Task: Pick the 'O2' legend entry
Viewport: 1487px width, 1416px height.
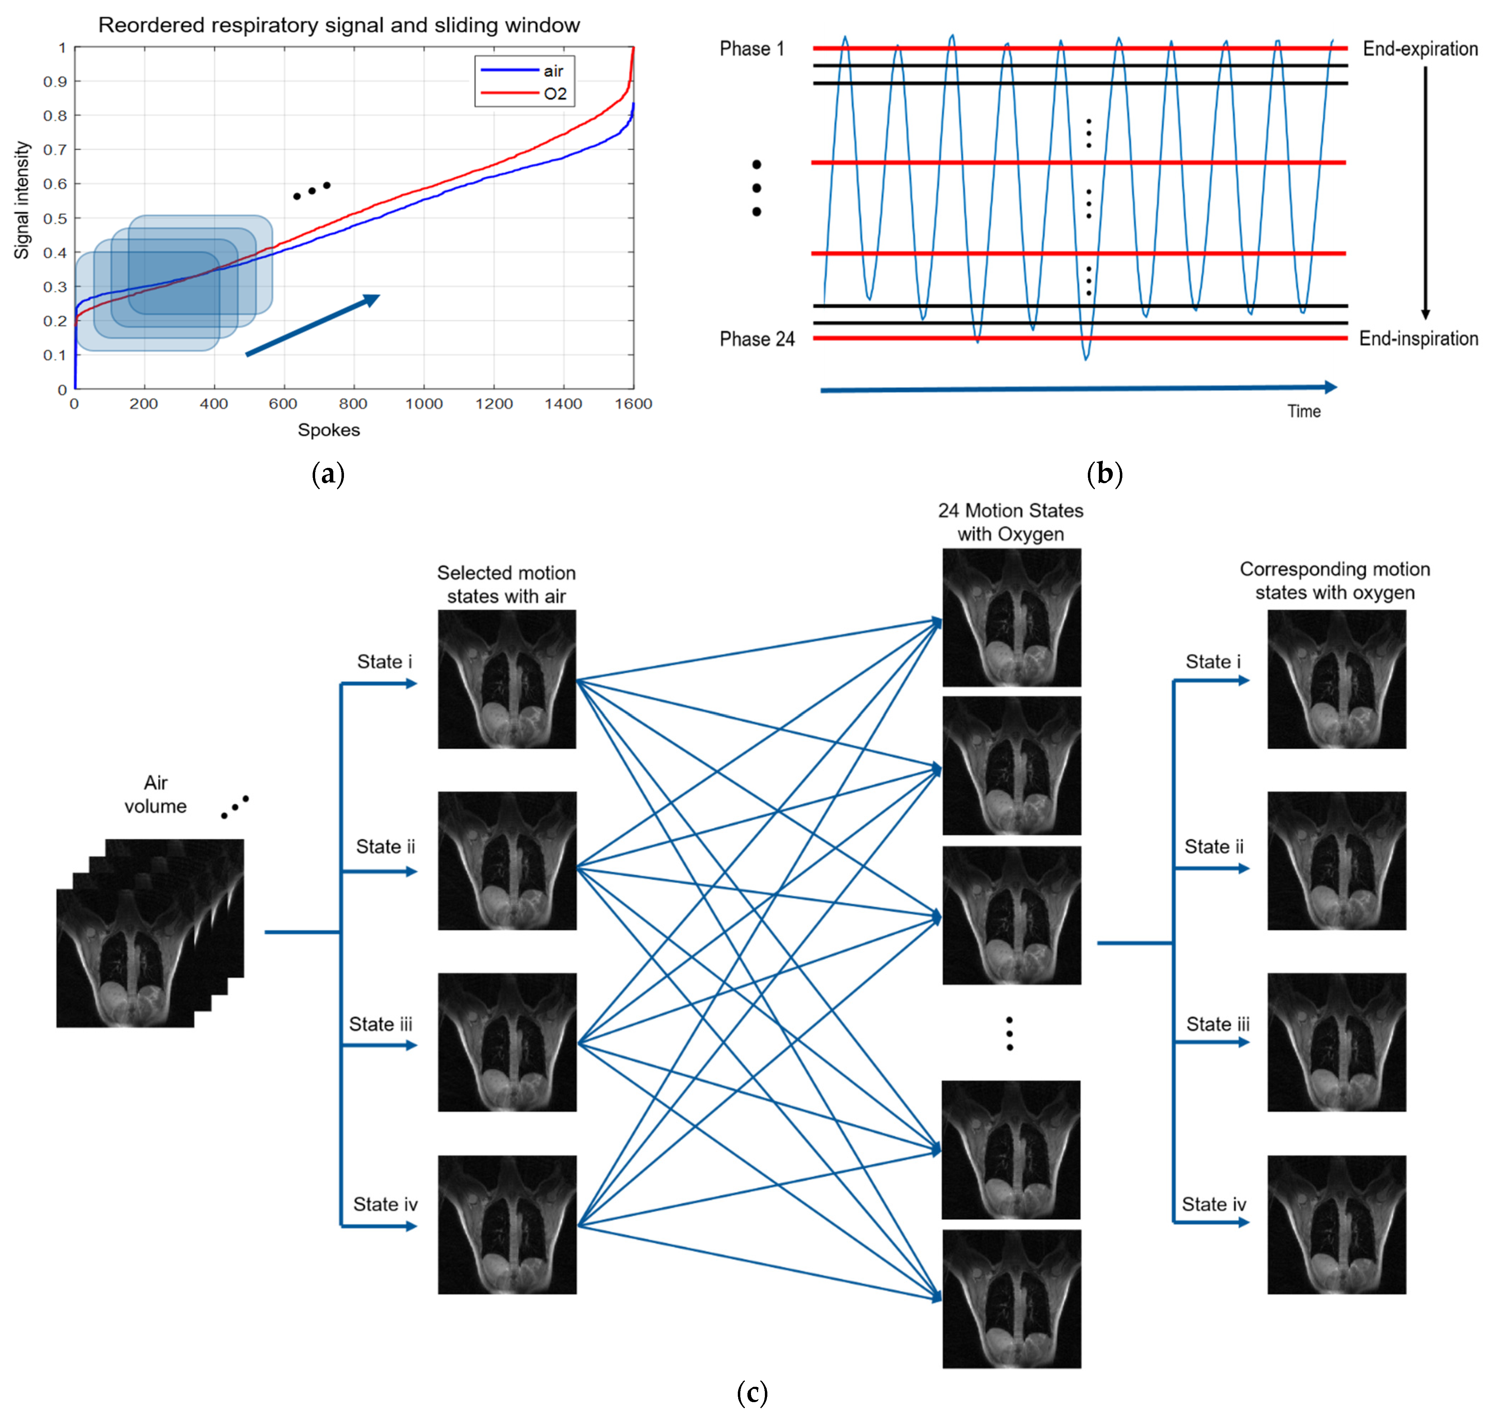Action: tap(555, 94)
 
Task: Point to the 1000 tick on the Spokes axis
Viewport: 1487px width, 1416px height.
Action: tap(423, 404)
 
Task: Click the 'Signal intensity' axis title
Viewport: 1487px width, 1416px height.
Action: tap(22, 200)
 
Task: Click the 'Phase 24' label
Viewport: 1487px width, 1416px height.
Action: tap(756, 339)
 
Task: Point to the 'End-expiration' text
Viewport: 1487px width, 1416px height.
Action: tap(1419, 49)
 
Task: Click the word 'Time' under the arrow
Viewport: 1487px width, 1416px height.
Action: tap(1304, 411)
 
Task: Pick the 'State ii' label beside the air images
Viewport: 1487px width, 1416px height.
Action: tap(385, 847)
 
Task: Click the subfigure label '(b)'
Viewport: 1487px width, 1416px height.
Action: tap(1104, 474)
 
